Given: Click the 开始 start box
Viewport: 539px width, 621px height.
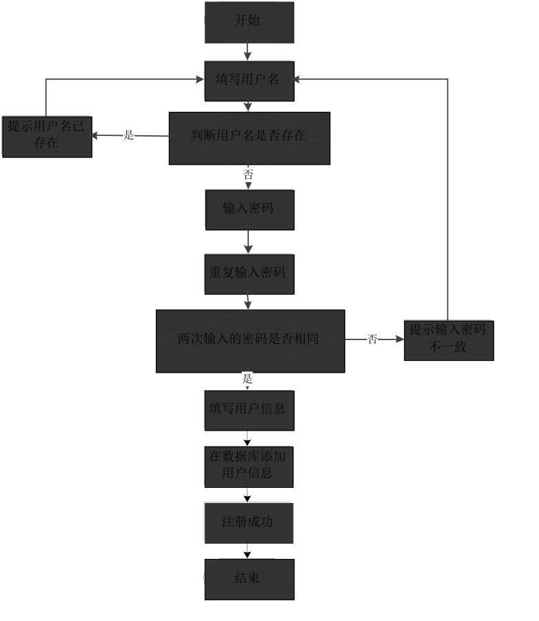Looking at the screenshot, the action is (249, 22).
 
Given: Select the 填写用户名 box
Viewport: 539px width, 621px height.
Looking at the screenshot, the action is (249, 81).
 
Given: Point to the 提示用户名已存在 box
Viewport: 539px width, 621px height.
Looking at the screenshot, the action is (46, 136).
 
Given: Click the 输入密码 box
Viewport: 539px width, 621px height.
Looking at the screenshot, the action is (249, 209).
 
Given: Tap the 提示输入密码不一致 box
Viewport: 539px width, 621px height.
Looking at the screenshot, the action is (448, 339).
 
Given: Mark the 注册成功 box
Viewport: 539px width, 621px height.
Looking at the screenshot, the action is (248, 523).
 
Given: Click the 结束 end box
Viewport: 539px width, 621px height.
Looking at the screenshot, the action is (249, 579).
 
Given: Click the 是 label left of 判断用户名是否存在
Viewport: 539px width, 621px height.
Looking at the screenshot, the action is (129, 135).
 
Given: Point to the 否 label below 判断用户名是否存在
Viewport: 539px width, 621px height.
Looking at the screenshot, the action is (248, 175).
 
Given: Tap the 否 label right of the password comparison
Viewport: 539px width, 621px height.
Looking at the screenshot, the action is (372, 339).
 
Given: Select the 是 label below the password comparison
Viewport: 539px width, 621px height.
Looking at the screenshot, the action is (247, 378).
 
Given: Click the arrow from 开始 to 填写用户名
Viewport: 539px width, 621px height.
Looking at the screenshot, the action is (248, 52).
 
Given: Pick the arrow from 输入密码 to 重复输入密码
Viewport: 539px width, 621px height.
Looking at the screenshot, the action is (248, 241).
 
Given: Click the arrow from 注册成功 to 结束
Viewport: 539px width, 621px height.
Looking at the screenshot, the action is (247, 551).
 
